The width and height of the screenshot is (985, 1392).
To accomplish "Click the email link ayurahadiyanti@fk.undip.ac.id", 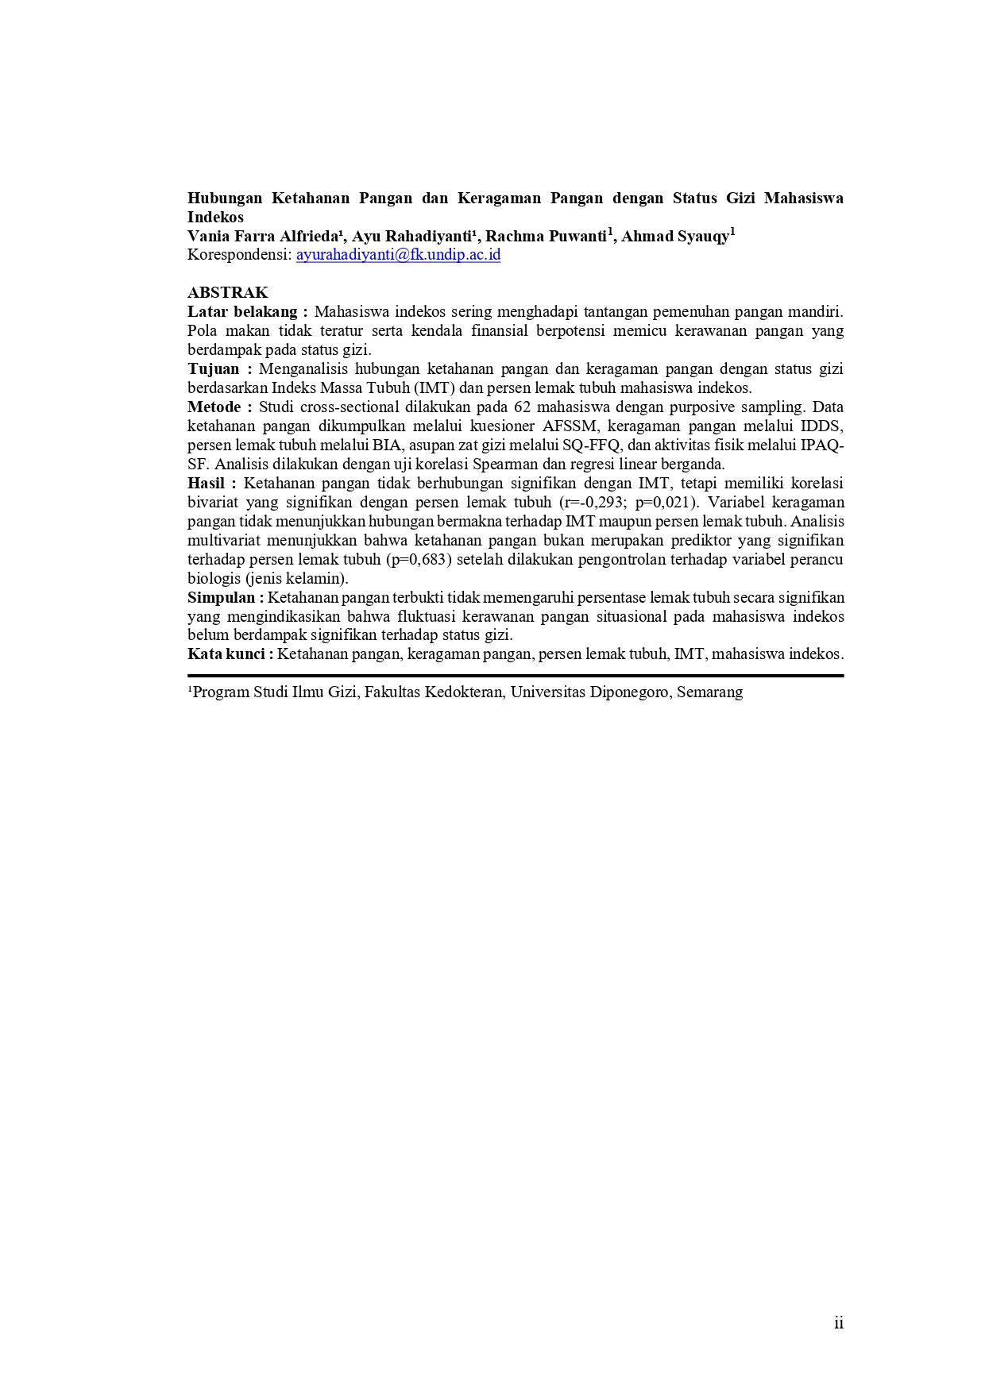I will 398,255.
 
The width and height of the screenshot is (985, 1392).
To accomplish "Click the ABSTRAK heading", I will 227,292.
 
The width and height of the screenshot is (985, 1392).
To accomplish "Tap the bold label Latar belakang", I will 242,311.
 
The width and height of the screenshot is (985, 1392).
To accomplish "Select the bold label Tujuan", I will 214,368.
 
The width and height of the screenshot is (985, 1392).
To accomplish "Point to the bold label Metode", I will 214,407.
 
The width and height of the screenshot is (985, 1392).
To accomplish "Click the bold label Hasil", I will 207,483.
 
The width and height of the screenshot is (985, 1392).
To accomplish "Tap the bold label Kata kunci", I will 226,654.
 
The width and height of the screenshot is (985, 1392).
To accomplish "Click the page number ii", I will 839,1322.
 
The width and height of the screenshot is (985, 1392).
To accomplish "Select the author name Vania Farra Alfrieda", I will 263,236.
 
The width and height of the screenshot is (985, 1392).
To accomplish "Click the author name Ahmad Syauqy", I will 674,236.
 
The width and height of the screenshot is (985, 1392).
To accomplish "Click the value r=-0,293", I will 593,502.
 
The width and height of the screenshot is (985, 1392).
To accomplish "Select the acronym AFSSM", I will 570,426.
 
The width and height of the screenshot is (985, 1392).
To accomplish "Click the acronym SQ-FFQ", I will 591,445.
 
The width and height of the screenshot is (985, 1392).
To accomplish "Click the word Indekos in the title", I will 215,217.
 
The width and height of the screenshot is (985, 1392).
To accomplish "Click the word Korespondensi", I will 238,255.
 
